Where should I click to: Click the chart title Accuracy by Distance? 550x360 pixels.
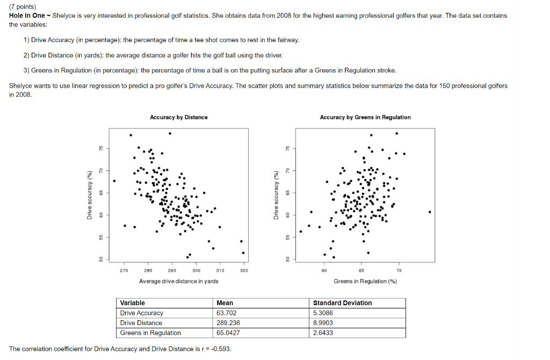[x=179, y=117]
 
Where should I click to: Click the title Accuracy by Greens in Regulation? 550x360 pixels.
[x=365, y=117]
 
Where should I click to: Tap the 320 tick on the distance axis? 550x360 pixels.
[x=244, y=271]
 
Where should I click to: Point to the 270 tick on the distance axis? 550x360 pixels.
[x=124, y=271]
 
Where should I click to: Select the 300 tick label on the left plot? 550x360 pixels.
[x=196, y=271]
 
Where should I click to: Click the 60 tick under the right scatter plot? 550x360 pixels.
[x=324, y=271]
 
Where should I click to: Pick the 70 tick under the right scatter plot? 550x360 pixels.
[x=399, y=271]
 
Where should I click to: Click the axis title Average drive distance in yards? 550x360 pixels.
[x=178, y=281]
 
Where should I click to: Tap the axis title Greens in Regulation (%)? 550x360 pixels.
[x=365, y=281]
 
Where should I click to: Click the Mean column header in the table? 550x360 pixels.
[x=225, y=303]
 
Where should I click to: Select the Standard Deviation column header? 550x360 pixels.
[x=342, y=303]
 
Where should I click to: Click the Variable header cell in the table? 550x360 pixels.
[x=133, y=303]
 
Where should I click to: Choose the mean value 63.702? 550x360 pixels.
[x=227, y=313]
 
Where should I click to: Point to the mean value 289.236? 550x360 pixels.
[x=228, y=323]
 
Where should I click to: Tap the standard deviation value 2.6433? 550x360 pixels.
[x=323, y=333]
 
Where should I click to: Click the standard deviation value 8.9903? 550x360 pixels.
[x=323, y=323]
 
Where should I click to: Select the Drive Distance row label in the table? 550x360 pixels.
[x=141, y=323]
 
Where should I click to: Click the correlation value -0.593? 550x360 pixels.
[x=221, y=349]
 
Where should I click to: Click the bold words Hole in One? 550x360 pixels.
[x=27, y=16]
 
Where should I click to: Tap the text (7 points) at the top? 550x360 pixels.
[x=23, y=7]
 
